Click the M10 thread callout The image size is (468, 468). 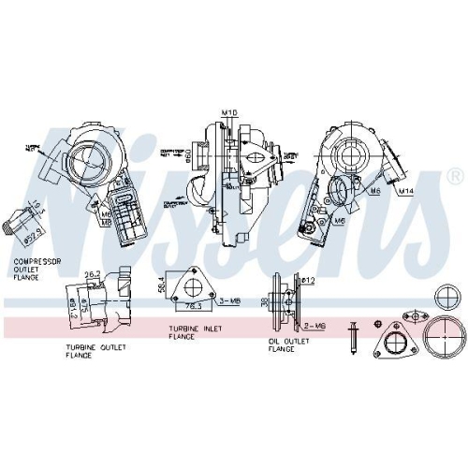click(x=228, y=113)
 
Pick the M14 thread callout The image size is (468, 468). click(x=405, y=192)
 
